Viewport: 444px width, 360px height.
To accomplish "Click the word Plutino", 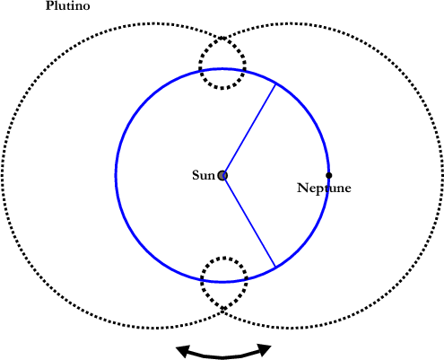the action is (67, 5).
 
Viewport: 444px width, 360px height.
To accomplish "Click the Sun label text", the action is (204, 175).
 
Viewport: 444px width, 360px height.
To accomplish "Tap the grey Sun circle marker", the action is (222, 176).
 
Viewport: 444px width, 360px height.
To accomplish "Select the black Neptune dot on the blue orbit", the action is (329, 175).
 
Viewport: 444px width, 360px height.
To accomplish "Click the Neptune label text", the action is (324, 189).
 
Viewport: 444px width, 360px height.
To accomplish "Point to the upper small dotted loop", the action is (199, 64).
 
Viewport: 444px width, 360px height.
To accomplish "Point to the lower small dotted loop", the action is (201, 280).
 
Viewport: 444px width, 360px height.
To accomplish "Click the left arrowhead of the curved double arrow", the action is (182, 351).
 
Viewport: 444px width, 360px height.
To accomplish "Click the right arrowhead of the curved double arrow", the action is (265, 349).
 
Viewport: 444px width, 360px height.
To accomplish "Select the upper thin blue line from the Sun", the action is (249, 130).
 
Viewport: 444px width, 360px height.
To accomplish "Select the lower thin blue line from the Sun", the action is (249, 221).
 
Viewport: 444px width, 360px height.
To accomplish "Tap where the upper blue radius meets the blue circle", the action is (275, 84).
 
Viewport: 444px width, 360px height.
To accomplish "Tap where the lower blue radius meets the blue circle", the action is (275, 267).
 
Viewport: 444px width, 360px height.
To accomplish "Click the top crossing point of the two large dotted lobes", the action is (222, 39).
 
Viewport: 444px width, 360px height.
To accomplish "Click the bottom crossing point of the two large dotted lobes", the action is (222, 311).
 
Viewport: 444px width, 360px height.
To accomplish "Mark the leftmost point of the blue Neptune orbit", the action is (116, 175).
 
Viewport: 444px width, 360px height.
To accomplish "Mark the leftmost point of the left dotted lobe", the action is (3, 175).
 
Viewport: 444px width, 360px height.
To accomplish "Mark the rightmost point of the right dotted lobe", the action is (441, 175).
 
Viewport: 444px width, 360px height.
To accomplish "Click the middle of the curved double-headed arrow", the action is (223, 356).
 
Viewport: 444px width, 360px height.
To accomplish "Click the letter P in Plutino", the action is (48, 6).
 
